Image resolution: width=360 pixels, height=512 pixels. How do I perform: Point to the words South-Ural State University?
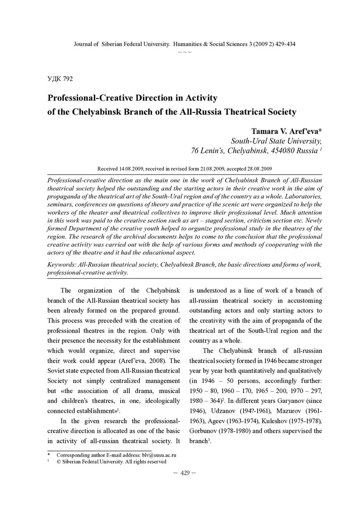point(276,141)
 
